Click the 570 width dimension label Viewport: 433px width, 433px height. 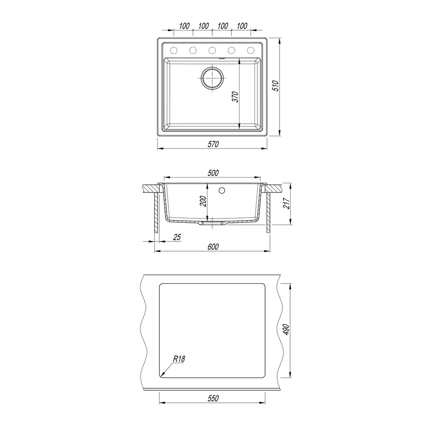pos(213,144)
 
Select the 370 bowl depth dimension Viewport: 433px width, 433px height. pos(235,97)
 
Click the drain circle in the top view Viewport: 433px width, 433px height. pos(212,78)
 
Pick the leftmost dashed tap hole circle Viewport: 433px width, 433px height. pos(173,50)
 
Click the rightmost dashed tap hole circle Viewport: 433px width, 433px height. pos(251,50)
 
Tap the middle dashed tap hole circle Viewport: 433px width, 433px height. pos(212,50)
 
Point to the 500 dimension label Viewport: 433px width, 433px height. pos(213,173)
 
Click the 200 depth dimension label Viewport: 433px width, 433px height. pos(203,201)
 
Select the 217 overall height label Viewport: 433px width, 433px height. pos(287,204)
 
